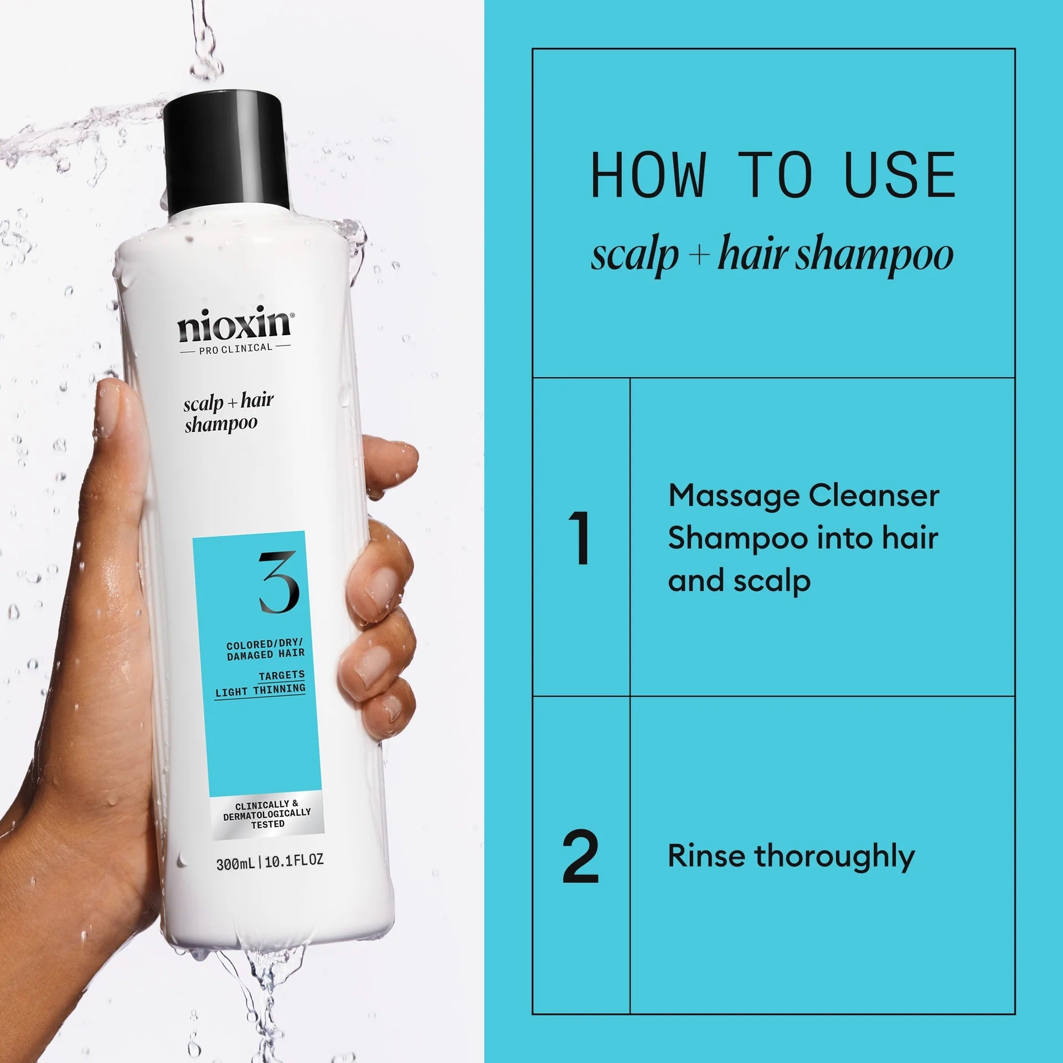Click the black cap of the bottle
tap(223, 152)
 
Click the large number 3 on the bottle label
tap(278, 582)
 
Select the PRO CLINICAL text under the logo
tap(235, 348)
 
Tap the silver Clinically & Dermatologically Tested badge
tap(267, 814)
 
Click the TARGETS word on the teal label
tap(282, 674)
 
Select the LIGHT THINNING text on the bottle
tap(260, 690)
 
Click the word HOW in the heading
tap(648, 176)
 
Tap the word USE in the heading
tap(900, 176)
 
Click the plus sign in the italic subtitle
tap(699, 255)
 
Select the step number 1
tap(580, 538)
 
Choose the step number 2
tap(580, 858)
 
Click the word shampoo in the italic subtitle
tap(874, 256)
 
